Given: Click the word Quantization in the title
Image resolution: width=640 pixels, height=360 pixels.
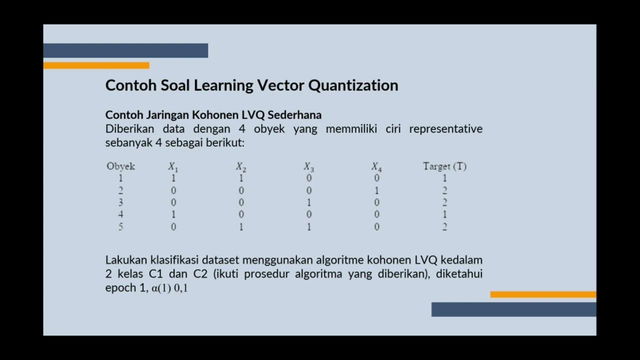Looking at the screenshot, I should [x=353, y=85].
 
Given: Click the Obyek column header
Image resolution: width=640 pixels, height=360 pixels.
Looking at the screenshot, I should [x=120, y=166].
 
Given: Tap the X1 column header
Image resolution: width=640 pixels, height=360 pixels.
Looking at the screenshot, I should [x=173, y=167].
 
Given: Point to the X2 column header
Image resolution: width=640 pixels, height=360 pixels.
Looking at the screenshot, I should [x=241, y=167].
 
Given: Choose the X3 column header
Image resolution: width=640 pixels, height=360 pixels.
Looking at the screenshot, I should [x=308, y=167].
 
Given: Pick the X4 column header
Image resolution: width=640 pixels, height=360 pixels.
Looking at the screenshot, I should [x=376, y=167].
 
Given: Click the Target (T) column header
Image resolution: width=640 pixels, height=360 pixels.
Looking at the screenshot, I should [x=444, y=166].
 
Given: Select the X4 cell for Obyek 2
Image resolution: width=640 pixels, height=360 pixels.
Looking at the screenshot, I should [x=376, y=190].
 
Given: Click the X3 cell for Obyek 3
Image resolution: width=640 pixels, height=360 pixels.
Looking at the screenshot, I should [x=309, y=202].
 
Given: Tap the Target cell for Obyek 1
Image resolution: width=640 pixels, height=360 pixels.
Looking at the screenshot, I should [x=444, y=178].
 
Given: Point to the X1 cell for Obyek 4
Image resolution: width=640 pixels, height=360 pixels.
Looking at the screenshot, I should [x=173, y=214].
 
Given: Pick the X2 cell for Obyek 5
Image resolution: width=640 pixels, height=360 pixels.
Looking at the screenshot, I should [x=241, y=227].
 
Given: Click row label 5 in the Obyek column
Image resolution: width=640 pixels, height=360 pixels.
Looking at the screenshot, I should [x=120, y=227].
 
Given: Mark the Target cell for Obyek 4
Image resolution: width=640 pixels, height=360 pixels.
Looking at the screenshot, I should [x=444, y=214].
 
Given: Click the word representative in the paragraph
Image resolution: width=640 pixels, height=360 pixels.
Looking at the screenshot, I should [x=445, y=129].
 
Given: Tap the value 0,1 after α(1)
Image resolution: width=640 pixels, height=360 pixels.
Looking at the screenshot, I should [x=180, y=288].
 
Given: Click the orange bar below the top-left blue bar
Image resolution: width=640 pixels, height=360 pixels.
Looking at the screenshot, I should [x=96, y=65].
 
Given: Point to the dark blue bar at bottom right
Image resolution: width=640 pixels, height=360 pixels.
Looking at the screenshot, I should [x=513, y=309].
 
